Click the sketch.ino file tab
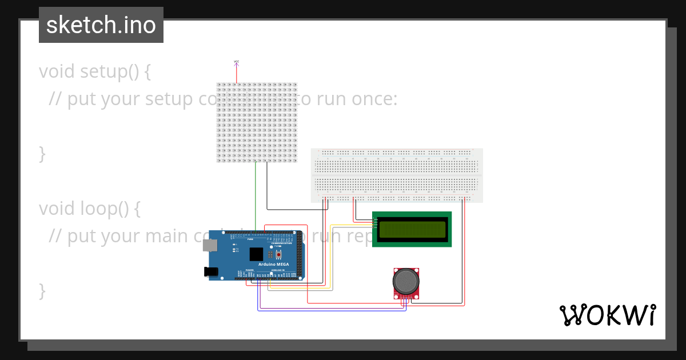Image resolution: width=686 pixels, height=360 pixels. tap(101, 25)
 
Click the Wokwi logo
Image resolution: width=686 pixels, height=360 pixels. tap(607, 315)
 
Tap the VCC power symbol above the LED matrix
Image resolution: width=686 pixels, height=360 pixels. tap(236, 62)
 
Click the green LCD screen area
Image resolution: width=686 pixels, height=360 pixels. tap(412, 229)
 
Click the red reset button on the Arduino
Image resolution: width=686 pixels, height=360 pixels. tap(279, 254)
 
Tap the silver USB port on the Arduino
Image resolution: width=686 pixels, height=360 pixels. tap(210, 245)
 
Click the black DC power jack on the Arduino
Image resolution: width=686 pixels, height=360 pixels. tap(211, 272)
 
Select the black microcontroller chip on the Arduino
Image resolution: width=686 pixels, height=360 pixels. tap(257, 254)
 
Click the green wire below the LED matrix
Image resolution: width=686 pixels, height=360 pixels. tap(256, 194)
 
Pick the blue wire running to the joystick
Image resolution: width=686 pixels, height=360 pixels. tap(332, 310)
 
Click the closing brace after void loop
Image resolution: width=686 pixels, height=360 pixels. tap(42, 290)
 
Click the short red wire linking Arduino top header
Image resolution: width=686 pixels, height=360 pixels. tap(286, 225)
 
